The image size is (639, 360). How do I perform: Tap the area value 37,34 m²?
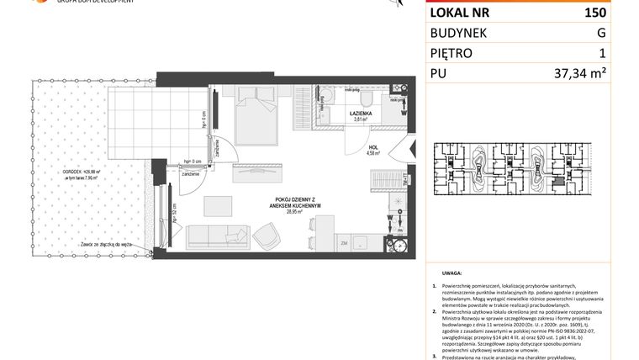click(x=579, y=73)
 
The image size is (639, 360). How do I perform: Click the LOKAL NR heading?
click(x=462, y=13)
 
